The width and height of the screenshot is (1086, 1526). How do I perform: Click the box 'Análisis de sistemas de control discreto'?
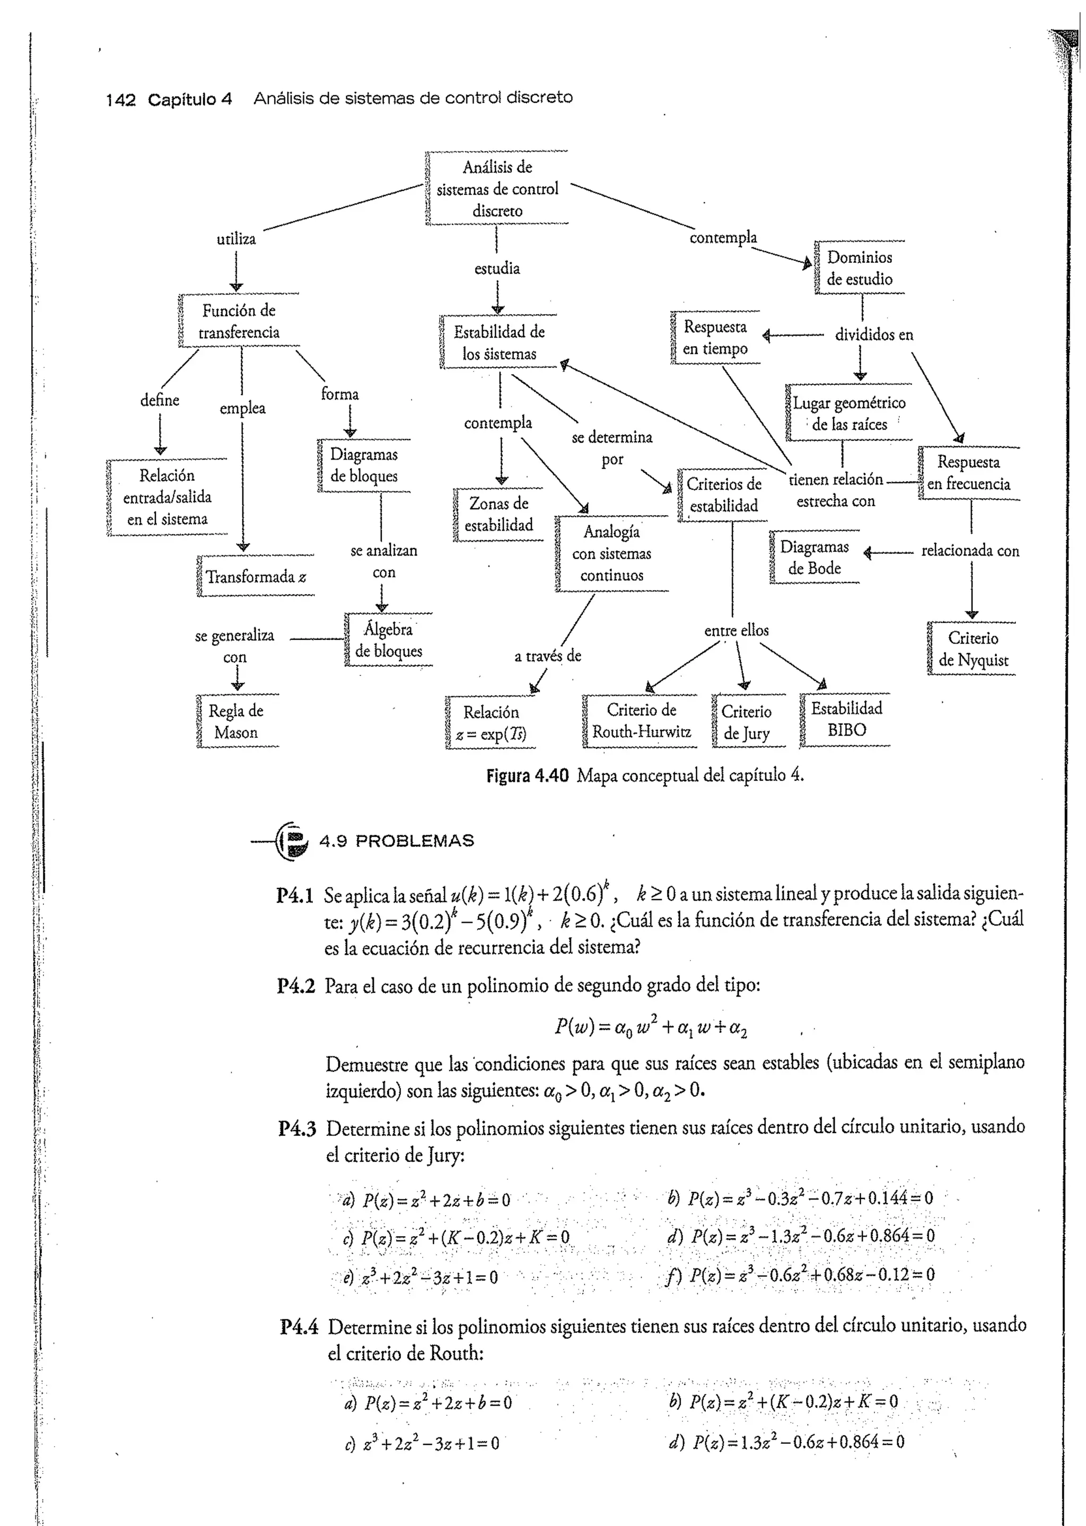tap(497, 189)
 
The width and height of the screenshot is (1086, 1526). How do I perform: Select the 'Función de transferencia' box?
tap(239, 321)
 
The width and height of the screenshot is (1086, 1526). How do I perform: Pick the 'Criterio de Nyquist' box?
tap(973, 649)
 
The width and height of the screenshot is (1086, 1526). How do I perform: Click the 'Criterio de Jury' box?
tap(747, 722)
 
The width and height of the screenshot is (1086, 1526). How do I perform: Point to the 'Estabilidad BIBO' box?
tap(846, 719)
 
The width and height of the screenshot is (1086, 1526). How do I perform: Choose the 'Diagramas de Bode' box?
tap(814, 558)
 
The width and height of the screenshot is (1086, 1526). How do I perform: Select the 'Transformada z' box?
tap(256, 576)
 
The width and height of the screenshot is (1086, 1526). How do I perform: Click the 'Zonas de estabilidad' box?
tap(499, 514)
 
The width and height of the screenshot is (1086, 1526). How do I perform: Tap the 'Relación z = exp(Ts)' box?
tap(491, 722)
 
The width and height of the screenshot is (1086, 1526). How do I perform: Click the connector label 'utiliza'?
tap(236, 239)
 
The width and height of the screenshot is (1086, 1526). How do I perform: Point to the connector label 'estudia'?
tap(497, 269)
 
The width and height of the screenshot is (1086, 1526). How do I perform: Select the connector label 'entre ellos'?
tap(736, 630)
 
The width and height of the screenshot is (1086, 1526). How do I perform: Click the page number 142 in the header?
tap(120, 100)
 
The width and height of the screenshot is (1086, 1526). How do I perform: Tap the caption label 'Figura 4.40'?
tap(527, 775)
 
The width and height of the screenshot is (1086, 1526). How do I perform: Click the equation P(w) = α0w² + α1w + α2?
tap(650, 1026)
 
